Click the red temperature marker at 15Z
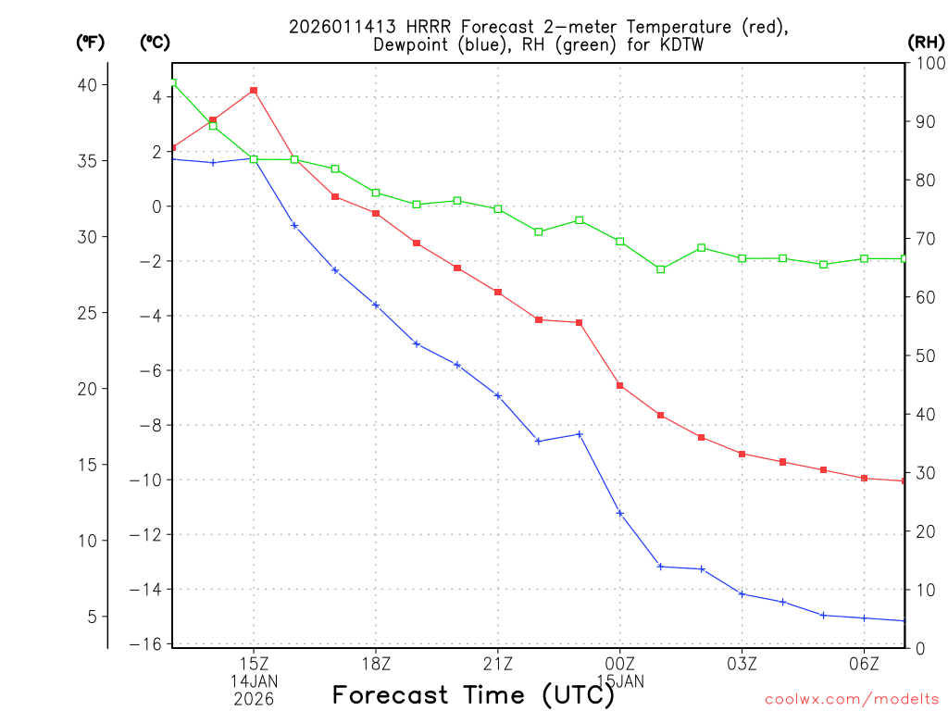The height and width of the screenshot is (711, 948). coord(254,91)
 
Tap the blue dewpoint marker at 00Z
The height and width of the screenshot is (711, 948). coord(620,513)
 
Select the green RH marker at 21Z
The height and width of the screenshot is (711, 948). coord(498,209)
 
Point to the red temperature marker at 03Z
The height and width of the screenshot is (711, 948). coord(742,454)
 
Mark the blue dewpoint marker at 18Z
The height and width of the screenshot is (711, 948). coord(376,305)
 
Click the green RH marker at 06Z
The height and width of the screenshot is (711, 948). coord(864,258)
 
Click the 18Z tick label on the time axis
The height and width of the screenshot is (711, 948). coord(376,663)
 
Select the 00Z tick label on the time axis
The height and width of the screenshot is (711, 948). coord(620,663)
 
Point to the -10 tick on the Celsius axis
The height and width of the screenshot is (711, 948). coord(148,480)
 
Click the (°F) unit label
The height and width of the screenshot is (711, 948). coord(91,43)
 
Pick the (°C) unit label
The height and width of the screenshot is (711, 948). coord(155,43)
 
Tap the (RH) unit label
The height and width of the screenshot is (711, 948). coord(925,43)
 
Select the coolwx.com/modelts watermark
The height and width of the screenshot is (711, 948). coord(853,700)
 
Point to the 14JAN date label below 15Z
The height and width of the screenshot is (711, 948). coord(254,681)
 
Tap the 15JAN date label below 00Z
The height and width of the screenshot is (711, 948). coord(620,681)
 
